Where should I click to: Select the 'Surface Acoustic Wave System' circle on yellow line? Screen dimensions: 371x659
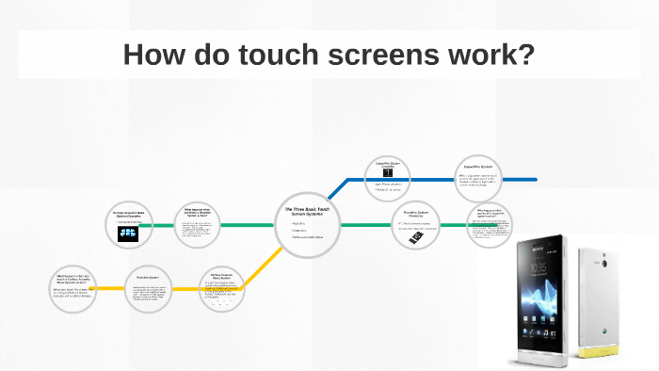click(221, 288)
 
